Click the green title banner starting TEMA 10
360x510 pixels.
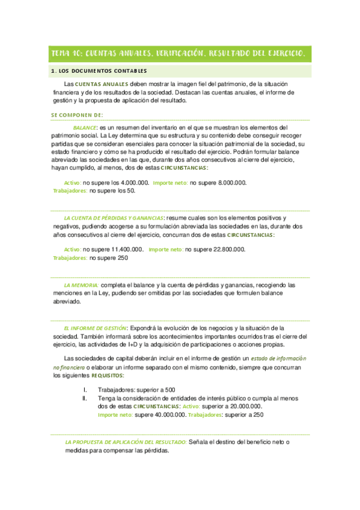pos(180,54)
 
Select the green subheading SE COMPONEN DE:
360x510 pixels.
pos(77,114)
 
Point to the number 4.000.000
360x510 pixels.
pos(134,183)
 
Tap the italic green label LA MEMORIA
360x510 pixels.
pos(81,284)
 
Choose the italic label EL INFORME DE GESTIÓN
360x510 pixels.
pos(94,328)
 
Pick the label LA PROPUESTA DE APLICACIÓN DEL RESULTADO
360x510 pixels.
pos(126,443)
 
